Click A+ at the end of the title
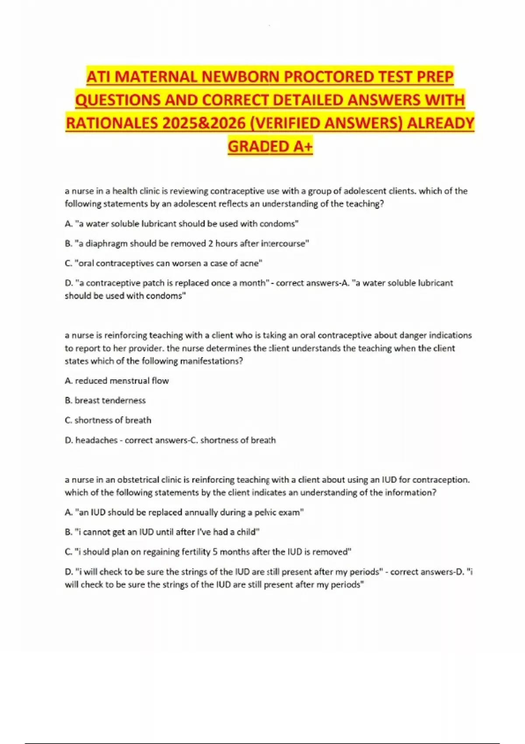pos(302,146)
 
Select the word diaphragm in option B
pos(106,243)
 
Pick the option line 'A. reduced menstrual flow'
pos(117,381)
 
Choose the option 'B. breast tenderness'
pos(105,400)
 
